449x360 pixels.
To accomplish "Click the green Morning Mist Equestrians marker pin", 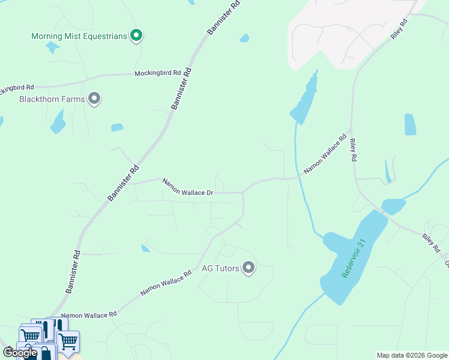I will pos(136,36).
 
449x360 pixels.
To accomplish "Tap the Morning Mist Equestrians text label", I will pos(79,37).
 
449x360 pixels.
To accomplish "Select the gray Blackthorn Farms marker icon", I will pos(94,98).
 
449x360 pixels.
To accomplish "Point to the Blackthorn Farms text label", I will pos(52,99).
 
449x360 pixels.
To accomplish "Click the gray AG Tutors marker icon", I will pos(249,268).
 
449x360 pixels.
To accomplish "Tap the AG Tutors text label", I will pos(220,268).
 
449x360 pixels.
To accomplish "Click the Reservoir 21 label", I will pos(354,259).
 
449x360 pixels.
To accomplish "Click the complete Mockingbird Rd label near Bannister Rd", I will pos(157,73).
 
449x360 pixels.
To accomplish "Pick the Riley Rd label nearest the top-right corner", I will pos(399,29).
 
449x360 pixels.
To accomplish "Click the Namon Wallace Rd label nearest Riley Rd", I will pos(325,154).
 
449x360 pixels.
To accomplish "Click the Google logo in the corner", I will pos(20,353).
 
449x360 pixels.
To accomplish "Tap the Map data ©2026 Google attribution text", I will pos(412,355).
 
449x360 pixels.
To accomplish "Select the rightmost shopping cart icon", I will pos(68,341).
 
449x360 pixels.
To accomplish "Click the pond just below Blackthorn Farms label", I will pos(58,122).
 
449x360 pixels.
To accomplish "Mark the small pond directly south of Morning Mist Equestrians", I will pos(53,47).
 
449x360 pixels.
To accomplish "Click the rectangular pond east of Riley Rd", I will pos(410,124).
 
